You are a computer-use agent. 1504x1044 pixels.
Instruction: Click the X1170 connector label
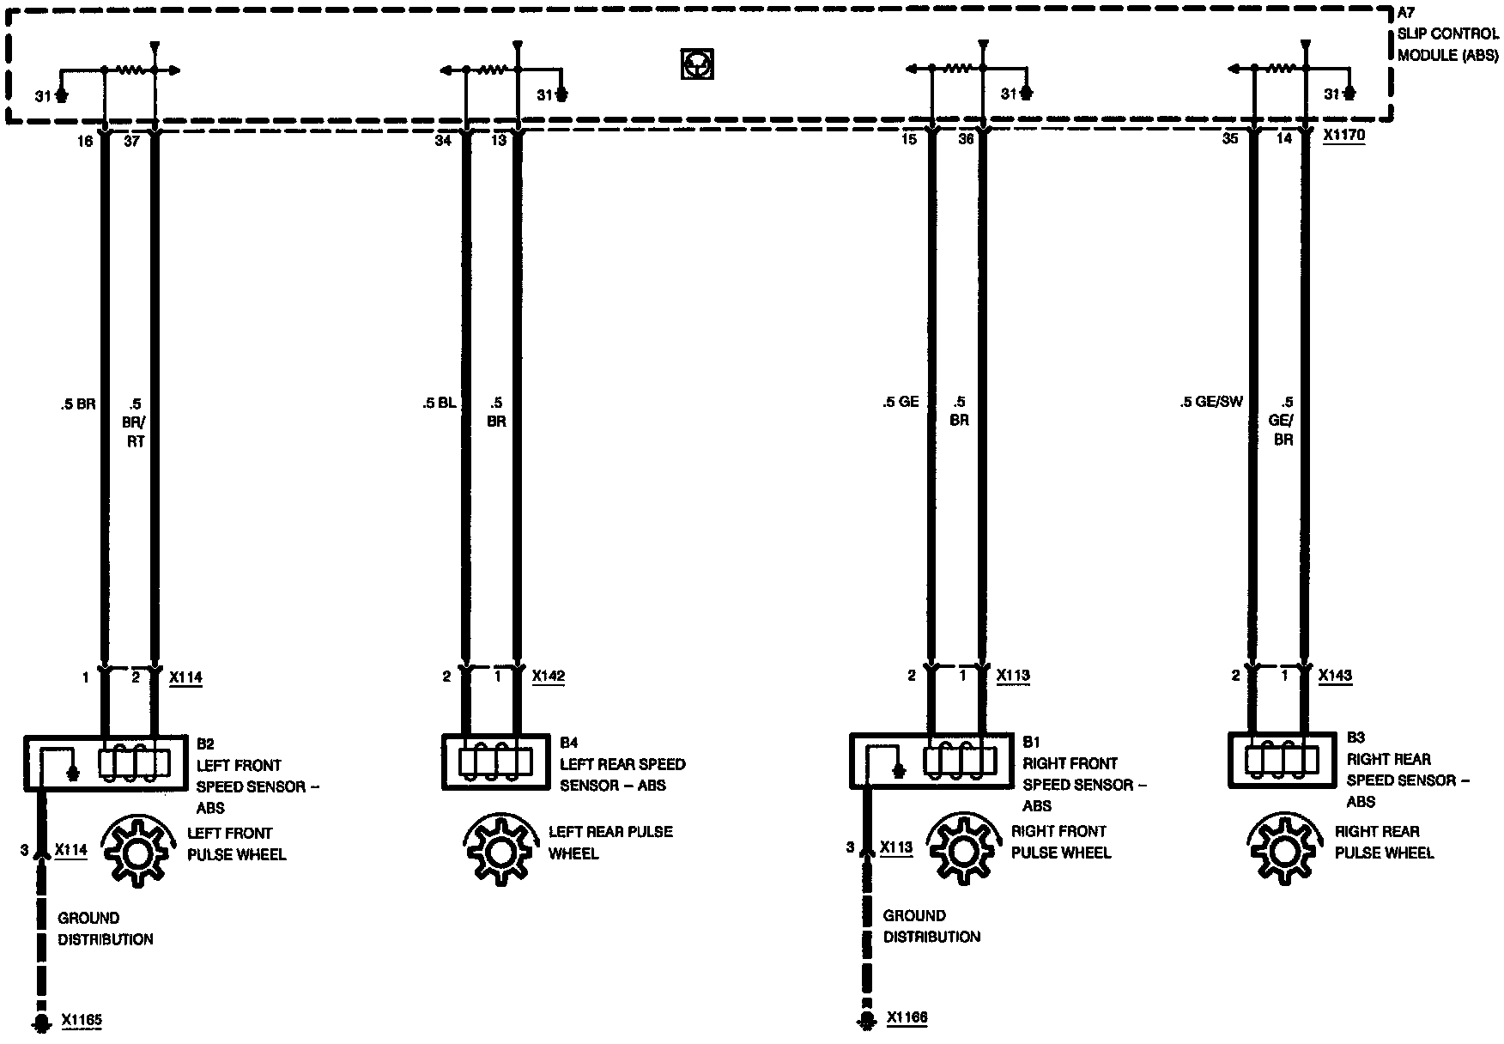point(1343,136)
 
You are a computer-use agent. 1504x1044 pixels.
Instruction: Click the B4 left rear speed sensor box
point(495,761)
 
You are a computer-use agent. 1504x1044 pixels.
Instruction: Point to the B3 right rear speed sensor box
point(1282,760)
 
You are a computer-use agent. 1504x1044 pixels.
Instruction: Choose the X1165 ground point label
point(82,1021)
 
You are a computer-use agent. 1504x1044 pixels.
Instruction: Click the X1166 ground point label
point(907,1018)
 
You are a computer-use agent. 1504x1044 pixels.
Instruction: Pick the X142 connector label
point(549,676)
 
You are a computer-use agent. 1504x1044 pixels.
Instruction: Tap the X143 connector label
point(1335,676)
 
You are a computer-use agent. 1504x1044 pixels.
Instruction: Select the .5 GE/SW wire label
point(1210,402)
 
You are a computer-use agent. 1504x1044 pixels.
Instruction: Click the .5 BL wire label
point(439,403)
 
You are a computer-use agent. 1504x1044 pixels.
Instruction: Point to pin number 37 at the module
point(131,141)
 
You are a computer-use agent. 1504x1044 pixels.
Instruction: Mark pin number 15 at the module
point(909,139)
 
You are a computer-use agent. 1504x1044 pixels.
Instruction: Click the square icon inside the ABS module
point(698,64)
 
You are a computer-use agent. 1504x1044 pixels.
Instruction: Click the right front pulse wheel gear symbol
point(961,851)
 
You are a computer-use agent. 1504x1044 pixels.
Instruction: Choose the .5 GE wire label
point(900,402)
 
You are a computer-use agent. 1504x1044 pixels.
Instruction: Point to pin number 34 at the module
point(443,141)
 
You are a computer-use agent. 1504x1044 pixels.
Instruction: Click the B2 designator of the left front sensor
point(205,744)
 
